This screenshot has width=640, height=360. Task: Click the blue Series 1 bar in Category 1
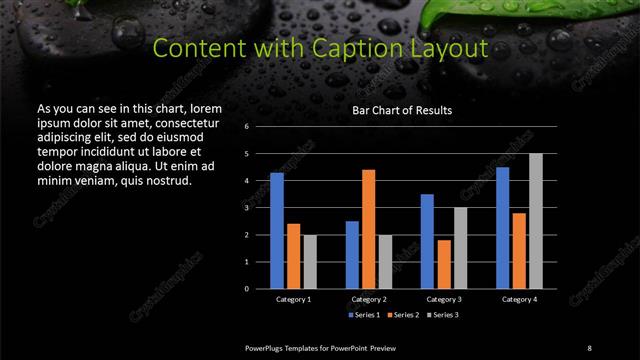(x=276, y=230)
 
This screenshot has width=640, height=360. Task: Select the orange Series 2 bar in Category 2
(x=369, y=228)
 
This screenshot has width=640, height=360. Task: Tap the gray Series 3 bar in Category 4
(x=536, y=220)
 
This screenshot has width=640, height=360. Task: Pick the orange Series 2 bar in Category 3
(x=444, y=263)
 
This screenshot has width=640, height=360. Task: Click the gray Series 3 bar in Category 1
(x=310, y=261)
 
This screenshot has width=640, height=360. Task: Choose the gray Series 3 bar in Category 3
(x=461, y=247)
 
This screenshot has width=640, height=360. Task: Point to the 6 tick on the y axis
(x=246, y=127)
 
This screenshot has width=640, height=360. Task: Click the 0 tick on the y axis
(x=246, y=288)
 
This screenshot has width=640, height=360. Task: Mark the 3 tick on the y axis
(x=246, y=208)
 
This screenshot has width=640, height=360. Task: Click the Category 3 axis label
(x=443, y=299)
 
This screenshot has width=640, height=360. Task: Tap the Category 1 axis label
(x=293, y=299)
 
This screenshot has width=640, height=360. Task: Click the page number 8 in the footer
(x=589, y=346)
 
